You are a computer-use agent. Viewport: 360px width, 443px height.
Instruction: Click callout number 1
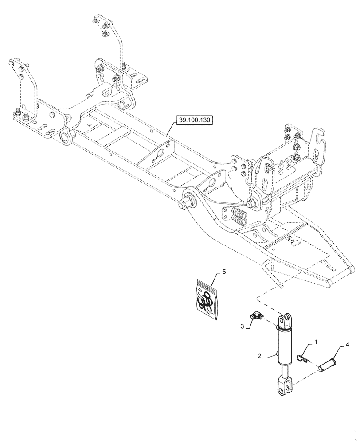click(315, 342)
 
